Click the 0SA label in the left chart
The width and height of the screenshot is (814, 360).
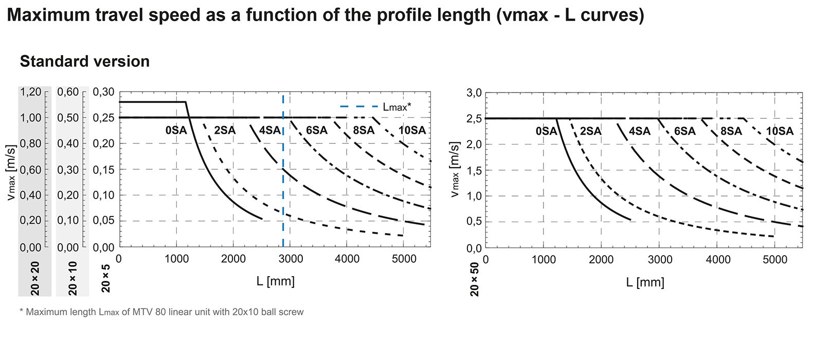click(x=176, y=131)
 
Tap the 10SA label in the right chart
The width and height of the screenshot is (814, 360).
click(x=780, y=131)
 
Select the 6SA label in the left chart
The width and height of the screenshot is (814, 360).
click(x=316, y=131)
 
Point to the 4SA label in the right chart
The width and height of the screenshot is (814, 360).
click(x=639, y=131)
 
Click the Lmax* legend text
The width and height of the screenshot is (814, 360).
click(x=397, y=107)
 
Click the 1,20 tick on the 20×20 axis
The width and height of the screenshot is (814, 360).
click(x=30, y=92)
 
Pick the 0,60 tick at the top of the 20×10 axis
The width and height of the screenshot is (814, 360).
click(x=68, y=92)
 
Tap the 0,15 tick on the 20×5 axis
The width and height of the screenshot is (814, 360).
click(x=103, y=169)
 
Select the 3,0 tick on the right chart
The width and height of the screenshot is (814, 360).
click(x=474, y=93)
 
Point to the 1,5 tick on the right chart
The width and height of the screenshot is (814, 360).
click(x=474, y=170)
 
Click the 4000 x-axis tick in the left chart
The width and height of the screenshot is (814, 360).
click(x=347, y=259)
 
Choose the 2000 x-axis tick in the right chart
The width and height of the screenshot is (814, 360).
click(x=601, y=260)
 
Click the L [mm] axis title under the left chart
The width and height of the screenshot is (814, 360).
click(x=275, y=281)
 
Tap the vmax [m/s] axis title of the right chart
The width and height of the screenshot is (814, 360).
click(x=454, y=169)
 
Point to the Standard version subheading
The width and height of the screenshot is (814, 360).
click(x=84, y=61)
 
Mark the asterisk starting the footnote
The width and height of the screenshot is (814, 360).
click(x=22, y=311)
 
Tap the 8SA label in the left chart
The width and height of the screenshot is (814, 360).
click(x=364, y=131)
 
